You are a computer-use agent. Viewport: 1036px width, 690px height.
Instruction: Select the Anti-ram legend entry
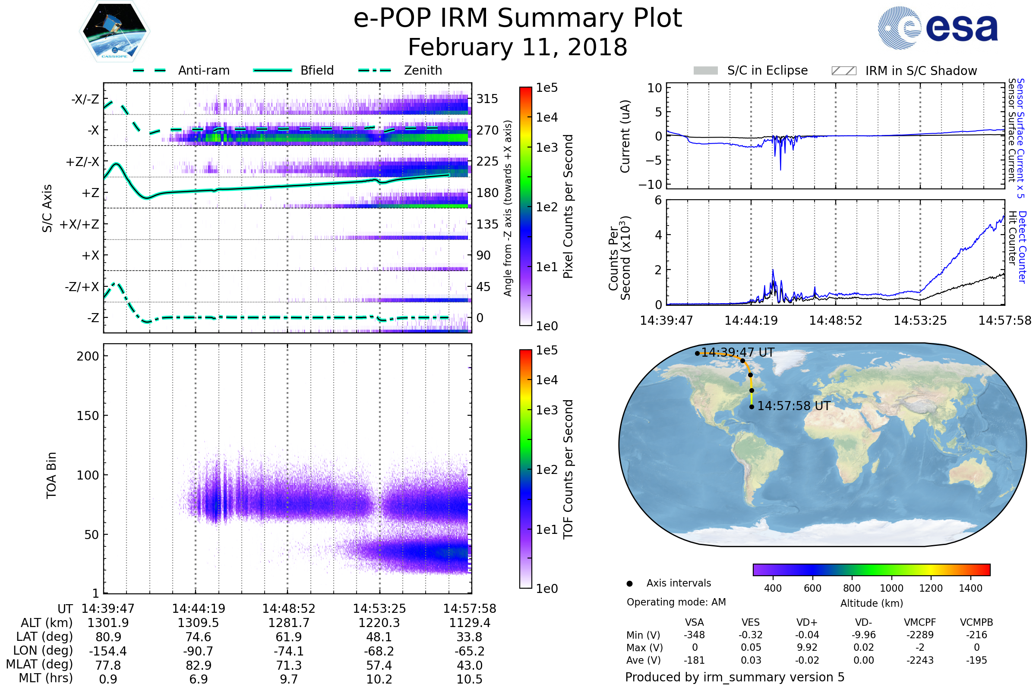pyautogui.click(x=181, y=70)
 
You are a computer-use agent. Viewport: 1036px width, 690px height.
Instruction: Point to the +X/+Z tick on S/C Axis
pyautogui.click(x=79, y=224)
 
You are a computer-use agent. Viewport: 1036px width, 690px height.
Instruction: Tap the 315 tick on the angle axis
pyautogui.click(x=487, y=99)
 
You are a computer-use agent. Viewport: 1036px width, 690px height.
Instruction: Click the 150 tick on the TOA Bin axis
pyautogui.click(x=88, y=416)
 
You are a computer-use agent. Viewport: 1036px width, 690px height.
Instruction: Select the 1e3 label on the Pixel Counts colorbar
pyautogui.click(x=546, y=147)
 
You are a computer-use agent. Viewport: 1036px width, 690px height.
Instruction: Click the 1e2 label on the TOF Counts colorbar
pyautogui.click(x=546, y=470)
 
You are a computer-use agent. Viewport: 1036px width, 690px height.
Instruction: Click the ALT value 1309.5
pyautogui.click(x=198, y=623)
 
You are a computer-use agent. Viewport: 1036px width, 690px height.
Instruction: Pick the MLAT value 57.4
pyautogui.click(x=379, y=665)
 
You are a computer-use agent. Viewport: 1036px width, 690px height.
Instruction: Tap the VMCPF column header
pyautogui.click(x=920, y=622)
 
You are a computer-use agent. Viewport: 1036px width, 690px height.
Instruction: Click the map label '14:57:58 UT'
pyautogui.click(x=794, y=406)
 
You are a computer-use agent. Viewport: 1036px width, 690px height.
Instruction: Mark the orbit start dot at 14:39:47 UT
pyautogui.click(x=697, y=353)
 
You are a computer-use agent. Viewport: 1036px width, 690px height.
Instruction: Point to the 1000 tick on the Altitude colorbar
pyautogui.click(x=891, y=588)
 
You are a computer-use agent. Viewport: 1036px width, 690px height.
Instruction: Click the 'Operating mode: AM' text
pyautogui.click(x=676, y=602)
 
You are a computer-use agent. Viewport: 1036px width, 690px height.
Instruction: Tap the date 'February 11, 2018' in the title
pyautogui.click(x=518, y=47)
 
